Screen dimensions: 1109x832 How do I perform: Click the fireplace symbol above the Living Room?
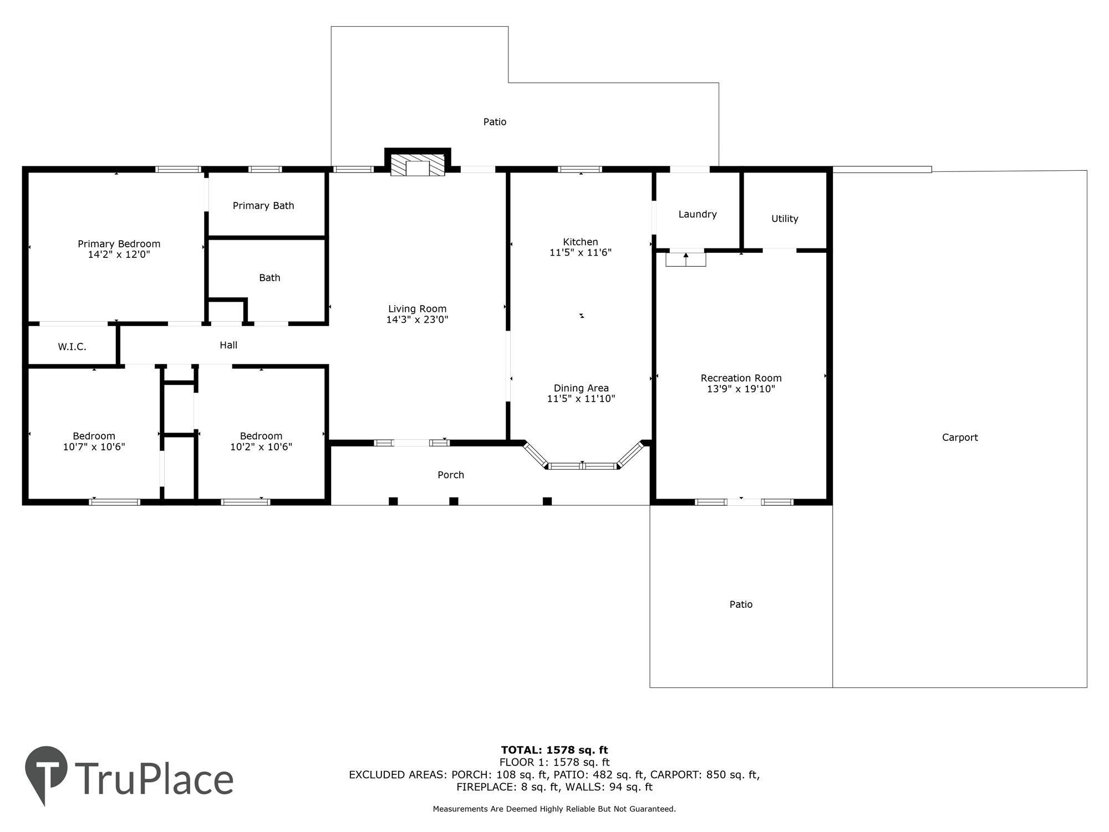point(418,165)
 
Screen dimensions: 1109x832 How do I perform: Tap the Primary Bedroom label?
point(119,244)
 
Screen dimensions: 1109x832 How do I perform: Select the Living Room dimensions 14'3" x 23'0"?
point(417,319)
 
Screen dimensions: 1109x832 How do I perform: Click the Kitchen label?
point(581,242)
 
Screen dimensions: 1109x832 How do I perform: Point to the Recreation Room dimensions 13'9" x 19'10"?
point(741,389)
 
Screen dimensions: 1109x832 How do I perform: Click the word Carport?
point(960,438)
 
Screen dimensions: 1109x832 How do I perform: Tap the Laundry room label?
point(698,215)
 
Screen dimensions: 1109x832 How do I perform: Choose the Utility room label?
point(785,219)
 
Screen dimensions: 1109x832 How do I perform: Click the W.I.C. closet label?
point(72,347)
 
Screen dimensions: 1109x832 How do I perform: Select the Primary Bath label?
point(263,206)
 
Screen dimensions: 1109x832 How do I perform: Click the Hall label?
point(228,345)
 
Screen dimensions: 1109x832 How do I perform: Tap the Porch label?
point(451,475)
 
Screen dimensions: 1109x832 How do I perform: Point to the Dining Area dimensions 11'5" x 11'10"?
point(581,399)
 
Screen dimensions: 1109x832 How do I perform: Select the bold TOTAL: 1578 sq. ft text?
point(554,750)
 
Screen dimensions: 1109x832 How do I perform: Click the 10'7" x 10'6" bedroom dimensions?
point(94,447)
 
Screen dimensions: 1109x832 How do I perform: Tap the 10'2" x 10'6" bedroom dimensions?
point(261,447)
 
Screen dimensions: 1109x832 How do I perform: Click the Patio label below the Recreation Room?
point(741,605)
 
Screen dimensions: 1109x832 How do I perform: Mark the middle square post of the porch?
point(454,501)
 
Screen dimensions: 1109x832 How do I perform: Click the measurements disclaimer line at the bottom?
point(554,809)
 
